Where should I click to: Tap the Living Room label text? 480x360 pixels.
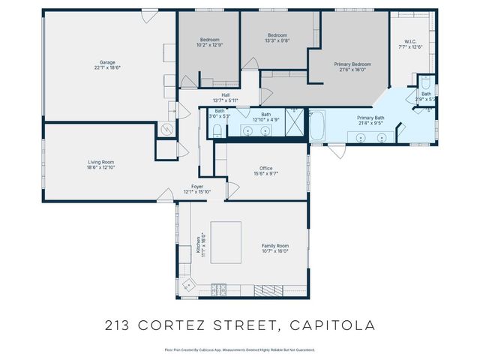tap(100, 163)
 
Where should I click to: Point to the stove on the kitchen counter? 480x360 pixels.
tap(219, 288)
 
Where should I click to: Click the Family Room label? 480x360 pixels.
tap(274, 248)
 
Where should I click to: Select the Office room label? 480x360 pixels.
tap(266, 170)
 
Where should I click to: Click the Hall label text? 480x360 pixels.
tap(225, 97)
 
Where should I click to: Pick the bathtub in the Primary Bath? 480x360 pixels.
tap(317, 127)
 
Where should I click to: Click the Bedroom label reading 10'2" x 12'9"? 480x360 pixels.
tap(209, 41)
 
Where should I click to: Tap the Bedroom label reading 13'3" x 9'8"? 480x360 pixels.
tap(277, 37)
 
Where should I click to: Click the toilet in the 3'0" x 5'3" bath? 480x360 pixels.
tap(216, 131)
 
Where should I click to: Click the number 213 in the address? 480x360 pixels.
tap(119, 325)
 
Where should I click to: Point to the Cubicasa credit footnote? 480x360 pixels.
tap(239, 349)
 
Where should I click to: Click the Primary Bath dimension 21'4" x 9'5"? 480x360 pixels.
tap(371, 123)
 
